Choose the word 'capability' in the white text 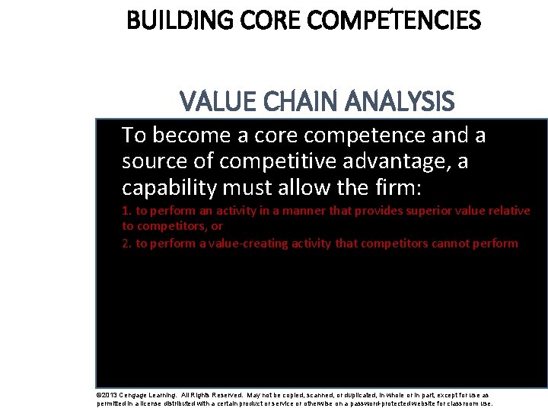coord(163,187)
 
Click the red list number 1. coord(126,211)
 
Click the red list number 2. coord(126,244)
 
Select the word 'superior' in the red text coord(432,211)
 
